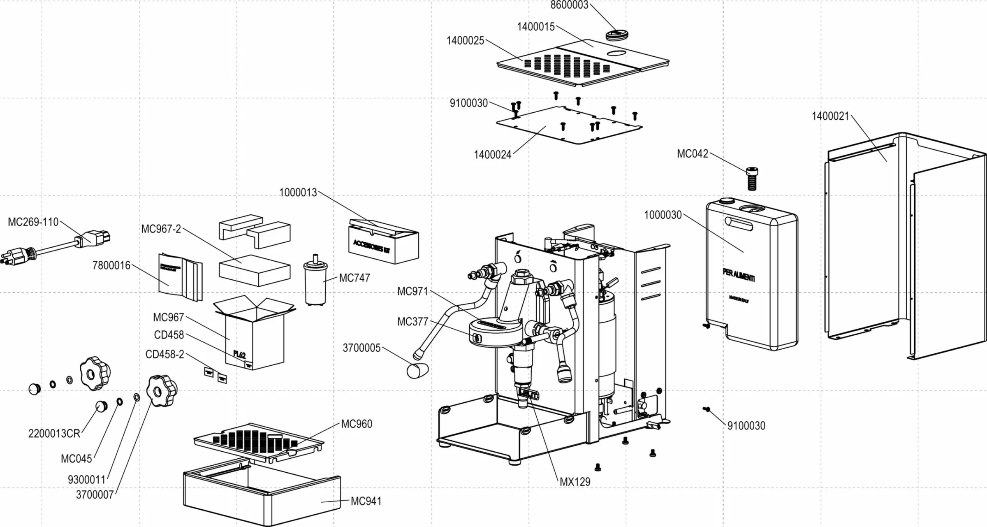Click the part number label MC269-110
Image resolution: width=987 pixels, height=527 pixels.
(x=33, y=222)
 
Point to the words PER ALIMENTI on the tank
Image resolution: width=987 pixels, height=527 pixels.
(x=739, y=275)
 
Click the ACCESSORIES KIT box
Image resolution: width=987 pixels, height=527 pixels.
(x=383, y=242)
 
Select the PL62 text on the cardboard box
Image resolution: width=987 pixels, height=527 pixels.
(x=239, y=354)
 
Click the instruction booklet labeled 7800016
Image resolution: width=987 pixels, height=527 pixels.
(x=180, y=277)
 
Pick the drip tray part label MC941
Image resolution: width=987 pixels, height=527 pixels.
(x=366, y=501)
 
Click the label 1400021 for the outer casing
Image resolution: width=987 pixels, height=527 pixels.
(x=830, y=116)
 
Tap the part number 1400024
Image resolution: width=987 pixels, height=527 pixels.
(x=492, y=155)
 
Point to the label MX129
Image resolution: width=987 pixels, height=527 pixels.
(x=575, y=482)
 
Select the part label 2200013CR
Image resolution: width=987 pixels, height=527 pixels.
(x=54, y=434)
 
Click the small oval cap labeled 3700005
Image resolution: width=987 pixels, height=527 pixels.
(x=417, y=370)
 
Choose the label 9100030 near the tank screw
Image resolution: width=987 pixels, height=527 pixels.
(x=746, y=426)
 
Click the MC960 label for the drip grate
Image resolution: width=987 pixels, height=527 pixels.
(x=357, y=424)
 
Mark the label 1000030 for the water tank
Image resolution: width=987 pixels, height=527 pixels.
(x=663, y=215)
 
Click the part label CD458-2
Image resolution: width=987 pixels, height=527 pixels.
(x=164, y=355)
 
